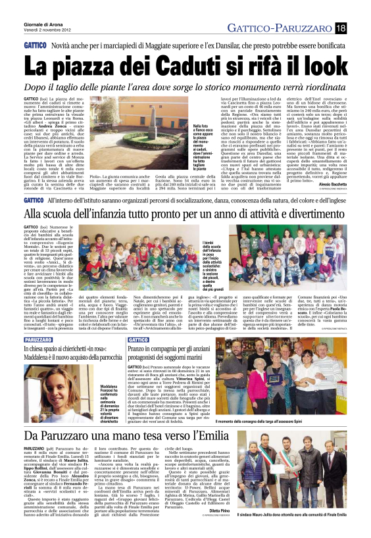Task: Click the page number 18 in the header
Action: click(x=359, y=27)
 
